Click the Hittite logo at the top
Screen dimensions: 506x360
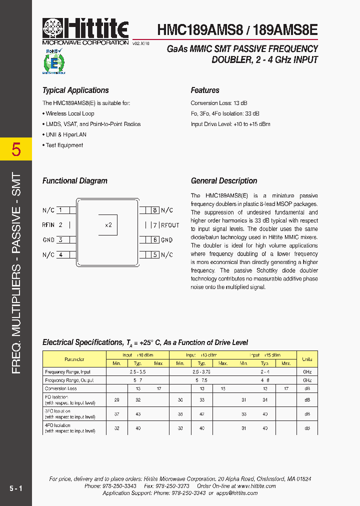[85, 29]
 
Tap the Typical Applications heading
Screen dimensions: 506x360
[75, 90]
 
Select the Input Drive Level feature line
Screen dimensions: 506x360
[230, 124]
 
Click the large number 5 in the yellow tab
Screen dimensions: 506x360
[16, 149]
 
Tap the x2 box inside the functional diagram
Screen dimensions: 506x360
[108, 225]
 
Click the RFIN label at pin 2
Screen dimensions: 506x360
[48, 225]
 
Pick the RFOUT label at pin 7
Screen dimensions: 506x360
[170, 225]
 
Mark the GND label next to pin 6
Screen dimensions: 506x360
[166, 240]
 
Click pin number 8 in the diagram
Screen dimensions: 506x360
[155, 210]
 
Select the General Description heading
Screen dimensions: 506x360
[224, 181]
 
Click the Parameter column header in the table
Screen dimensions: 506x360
[74, 359]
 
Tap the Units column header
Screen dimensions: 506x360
[306, 359]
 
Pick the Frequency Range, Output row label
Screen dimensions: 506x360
[69, 380]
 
